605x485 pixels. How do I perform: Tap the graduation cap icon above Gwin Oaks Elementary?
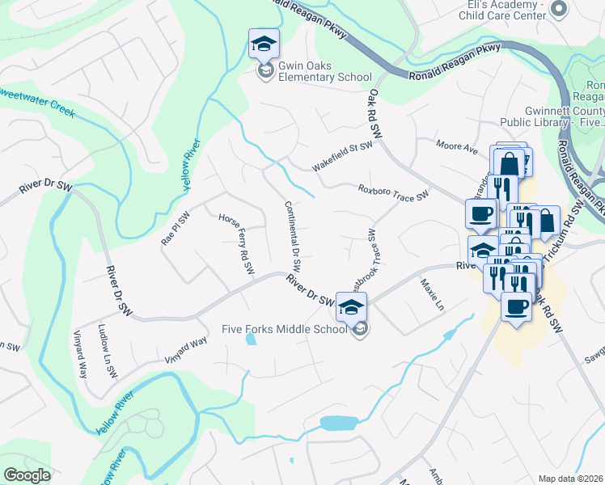263,45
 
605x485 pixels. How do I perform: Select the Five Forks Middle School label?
286,329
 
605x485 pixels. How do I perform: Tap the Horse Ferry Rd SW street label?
237,242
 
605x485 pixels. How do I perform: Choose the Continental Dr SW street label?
292,235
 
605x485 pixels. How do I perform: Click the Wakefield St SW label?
343,157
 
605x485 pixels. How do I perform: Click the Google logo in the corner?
27,475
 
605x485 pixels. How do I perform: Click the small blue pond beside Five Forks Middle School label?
251,339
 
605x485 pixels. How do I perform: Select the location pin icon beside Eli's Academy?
557,9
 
